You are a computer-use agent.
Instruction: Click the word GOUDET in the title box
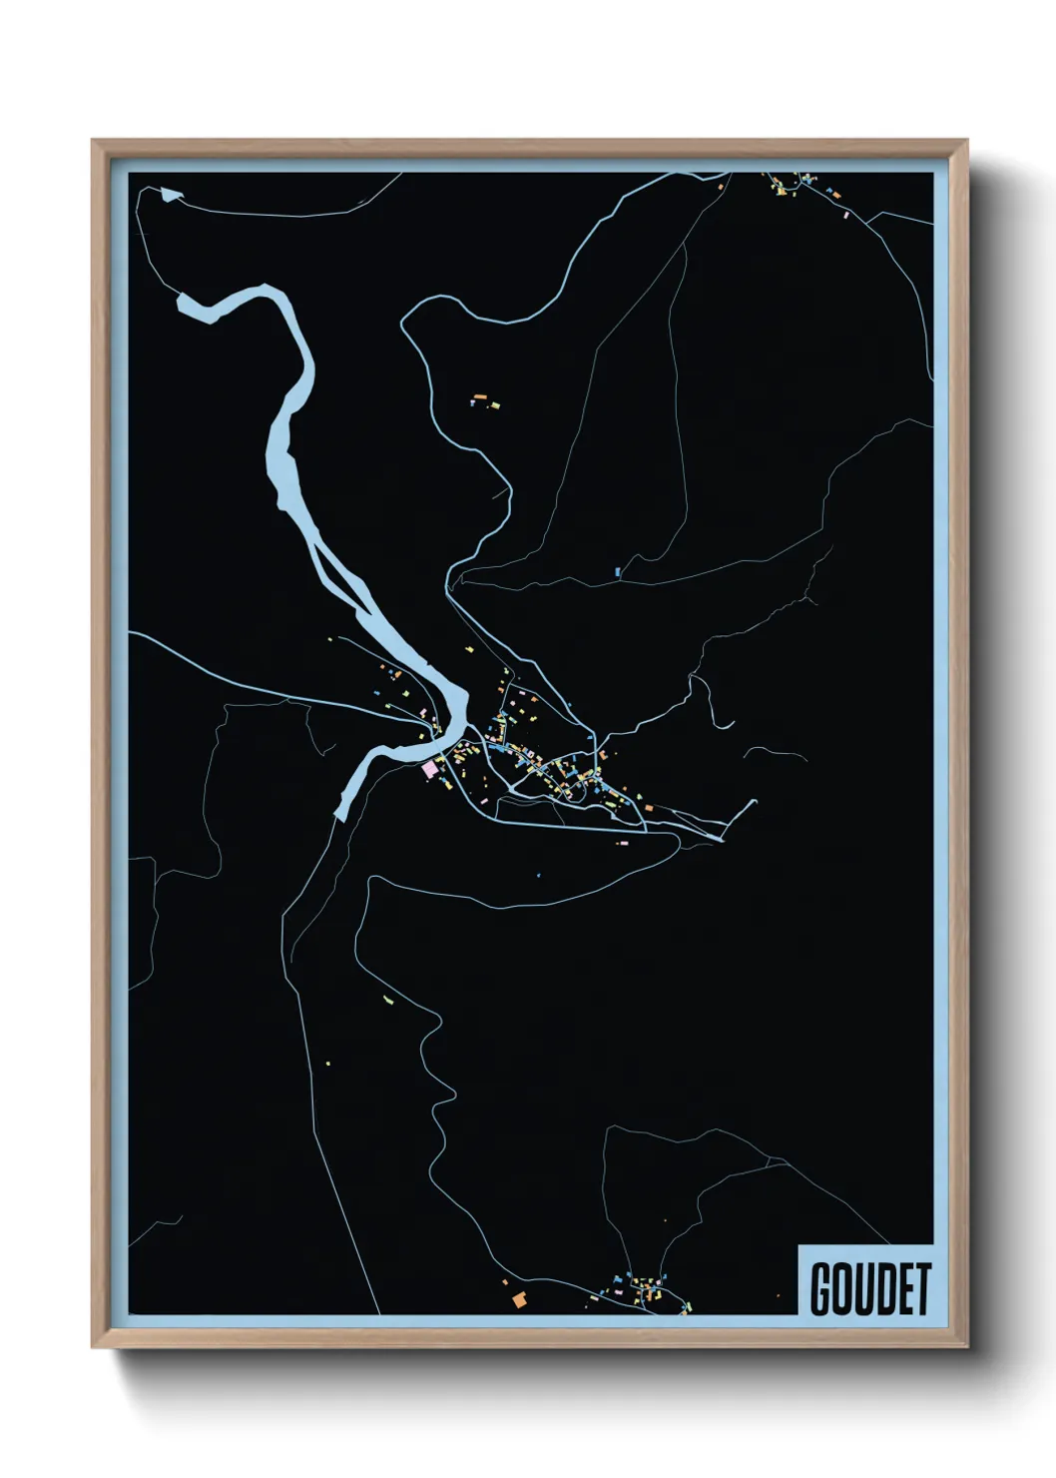tap(870, 1288)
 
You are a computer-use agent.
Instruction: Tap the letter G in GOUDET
tap(821, 1288)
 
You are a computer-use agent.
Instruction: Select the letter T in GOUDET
tap(922, 1288)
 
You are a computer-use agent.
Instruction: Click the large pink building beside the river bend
tap(430, 769)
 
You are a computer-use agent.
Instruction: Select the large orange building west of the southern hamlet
tap(519, 1299)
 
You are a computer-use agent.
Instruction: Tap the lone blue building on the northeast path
tap(618, 572)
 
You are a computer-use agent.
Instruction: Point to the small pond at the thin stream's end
tap(171, 195)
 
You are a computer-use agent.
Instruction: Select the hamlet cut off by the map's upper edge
tap(798, 185)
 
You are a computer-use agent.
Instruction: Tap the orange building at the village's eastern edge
tap(647, 805)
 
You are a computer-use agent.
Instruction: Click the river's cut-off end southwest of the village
tap(340, 813)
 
